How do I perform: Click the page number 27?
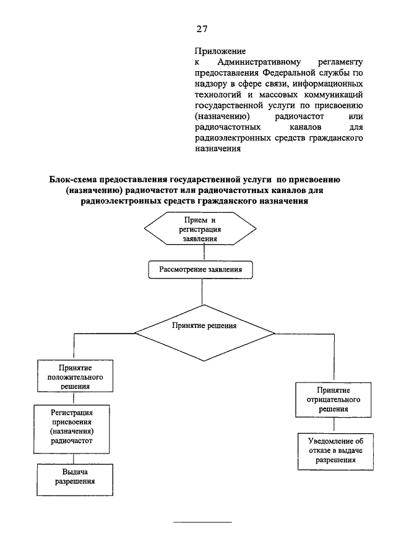(202, 29)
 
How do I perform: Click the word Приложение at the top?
(220, 51)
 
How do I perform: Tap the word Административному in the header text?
(259, 62)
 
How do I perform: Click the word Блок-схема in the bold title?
(72, 179)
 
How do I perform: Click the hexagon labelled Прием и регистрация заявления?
(200, 228)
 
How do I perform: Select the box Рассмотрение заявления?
(200, 270)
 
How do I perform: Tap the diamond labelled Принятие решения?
(204, 333)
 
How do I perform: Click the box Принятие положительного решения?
(75, 376)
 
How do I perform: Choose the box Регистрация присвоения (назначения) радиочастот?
(72, 429)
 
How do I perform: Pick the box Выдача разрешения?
(75, 480)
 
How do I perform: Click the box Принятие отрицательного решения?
(333, 400)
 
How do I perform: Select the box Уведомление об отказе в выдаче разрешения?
(335, 452)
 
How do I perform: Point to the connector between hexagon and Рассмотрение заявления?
(204, 253)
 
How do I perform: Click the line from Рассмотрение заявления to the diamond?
(202, 292)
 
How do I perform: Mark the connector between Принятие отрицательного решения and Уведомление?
(334, 425)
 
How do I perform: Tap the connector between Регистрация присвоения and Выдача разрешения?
(74, 459)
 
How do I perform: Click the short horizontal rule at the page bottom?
(202, 522)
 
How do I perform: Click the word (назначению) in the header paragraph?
(222, 116)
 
